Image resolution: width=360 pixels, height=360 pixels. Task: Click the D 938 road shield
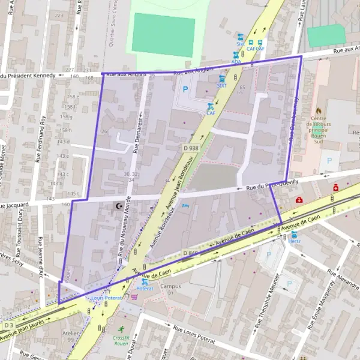(x=191, y=148)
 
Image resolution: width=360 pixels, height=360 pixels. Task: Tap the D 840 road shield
(x=190, y=253)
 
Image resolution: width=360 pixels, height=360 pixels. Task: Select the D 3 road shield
(x=8, y=325)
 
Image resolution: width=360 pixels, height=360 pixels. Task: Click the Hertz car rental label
(x=294, y=241)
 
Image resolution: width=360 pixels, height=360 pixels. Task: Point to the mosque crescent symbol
(x=119, y=206)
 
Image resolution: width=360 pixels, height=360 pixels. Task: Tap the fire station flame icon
(x=319, y=111)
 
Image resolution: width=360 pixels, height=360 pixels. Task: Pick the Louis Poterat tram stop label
(x=106, y=298)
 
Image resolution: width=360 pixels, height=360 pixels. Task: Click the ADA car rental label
(x=236, y=61)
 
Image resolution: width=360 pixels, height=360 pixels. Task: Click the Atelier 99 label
(x=71, y=336)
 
